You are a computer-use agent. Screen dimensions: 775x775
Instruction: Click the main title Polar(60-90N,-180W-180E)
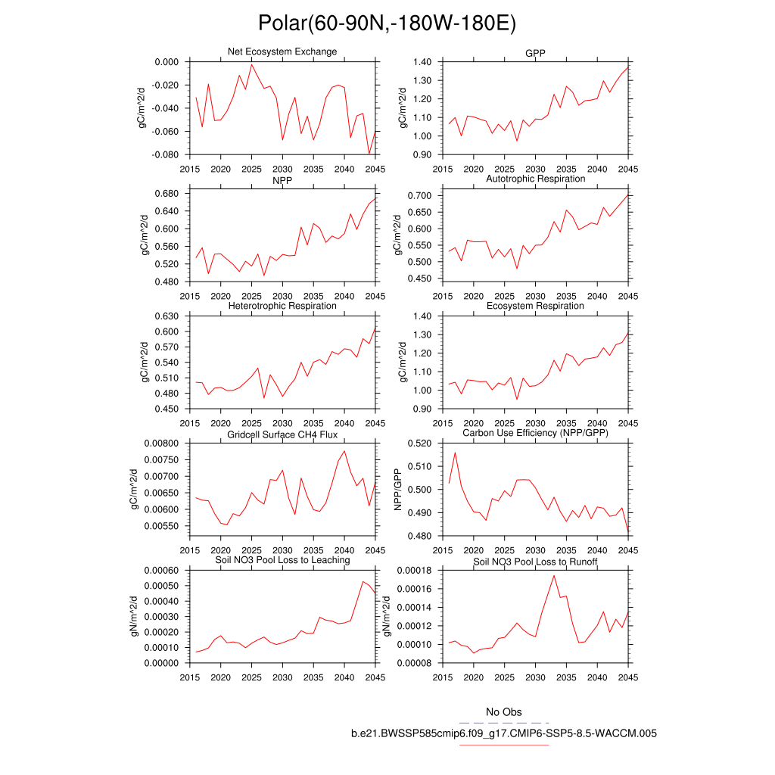click(387, 23)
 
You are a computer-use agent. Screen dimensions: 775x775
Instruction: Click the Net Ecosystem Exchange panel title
click(282, 51)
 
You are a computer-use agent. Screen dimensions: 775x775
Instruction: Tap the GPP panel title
click(535, 54)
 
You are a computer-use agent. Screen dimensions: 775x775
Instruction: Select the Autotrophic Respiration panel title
click(535, 179)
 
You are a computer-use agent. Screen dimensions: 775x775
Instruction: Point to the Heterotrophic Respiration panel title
click(282, 306)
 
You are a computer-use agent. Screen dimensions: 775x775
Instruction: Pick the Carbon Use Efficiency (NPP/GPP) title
click(535, 434)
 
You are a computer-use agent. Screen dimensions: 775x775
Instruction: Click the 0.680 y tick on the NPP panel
click(166, 193)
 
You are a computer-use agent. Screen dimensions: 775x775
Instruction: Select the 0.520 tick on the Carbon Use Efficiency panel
click(419, 443)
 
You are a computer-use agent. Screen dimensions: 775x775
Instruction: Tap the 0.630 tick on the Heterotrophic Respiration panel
click(166, 316)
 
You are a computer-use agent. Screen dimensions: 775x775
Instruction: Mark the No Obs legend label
click(503, 712)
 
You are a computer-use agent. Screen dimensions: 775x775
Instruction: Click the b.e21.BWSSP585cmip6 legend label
click(503, 733)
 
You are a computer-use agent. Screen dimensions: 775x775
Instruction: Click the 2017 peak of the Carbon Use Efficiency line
click(455, 453)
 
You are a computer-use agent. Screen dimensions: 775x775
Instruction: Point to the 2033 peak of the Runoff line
click(554, 575)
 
